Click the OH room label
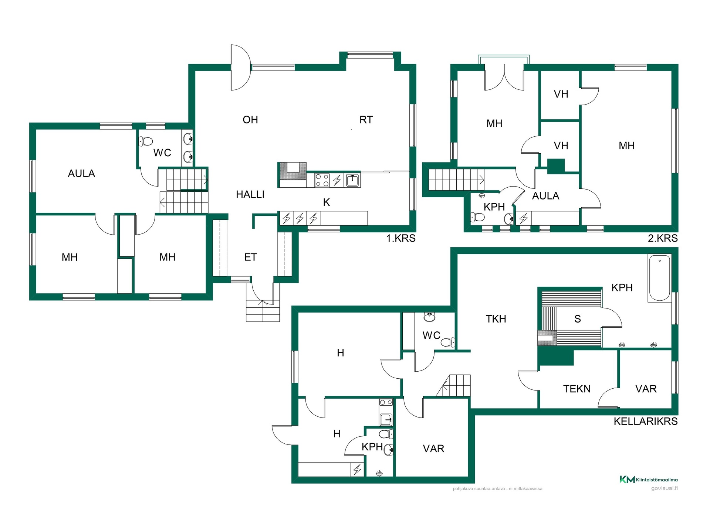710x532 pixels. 250,120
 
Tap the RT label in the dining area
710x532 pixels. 366,120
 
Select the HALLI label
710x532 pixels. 250,194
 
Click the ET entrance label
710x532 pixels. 250,257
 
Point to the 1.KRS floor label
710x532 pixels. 401,238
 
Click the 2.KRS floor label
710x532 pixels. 663,238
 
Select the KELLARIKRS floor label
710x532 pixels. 646,421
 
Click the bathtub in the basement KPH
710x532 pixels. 660,278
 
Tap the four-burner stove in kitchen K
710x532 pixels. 322,180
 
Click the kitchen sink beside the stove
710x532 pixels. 353,180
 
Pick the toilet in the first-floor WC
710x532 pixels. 146,141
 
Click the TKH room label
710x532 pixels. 496,319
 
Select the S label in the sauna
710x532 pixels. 578,319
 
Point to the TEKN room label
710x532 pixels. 577,389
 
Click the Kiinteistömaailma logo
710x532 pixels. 649,480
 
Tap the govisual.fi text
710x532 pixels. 665,488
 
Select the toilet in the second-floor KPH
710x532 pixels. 477,217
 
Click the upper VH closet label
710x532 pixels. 561,94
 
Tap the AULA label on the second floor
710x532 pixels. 545,196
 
